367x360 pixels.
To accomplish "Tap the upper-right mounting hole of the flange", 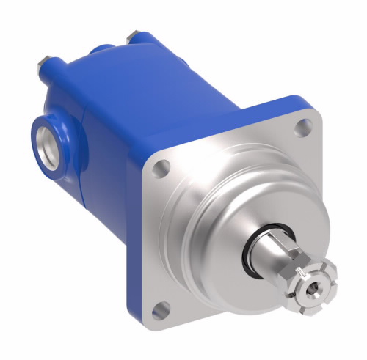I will pos(300,128).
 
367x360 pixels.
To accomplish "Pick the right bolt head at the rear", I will pos(131,34).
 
